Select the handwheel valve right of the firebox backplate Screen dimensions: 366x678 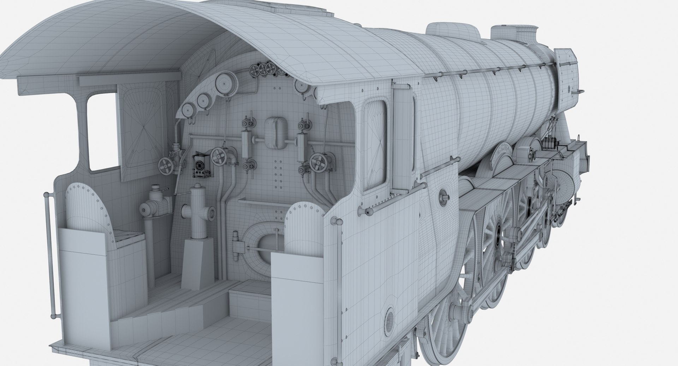coord(317,163)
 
